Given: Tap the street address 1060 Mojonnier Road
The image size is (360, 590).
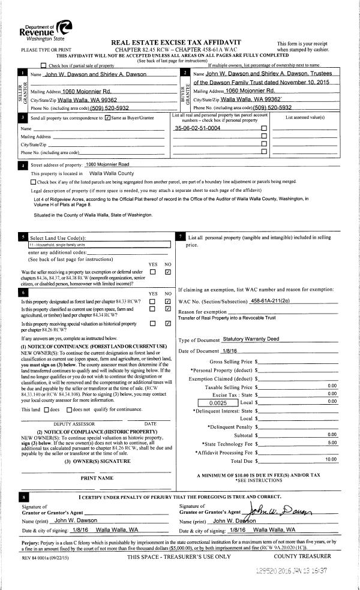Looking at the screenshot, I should [107, 164].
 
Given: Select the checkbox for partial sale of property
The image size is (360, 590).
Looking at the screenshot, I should [43, 65].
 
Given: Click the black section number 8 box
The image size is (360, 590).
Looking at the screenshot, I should [23, 497].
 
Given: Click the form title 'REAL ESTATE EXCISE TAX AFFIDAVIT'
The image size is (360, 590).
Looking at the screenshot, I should [176, 43].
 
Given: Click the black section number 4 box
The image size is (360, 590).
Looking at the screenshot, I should [23, 164].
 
